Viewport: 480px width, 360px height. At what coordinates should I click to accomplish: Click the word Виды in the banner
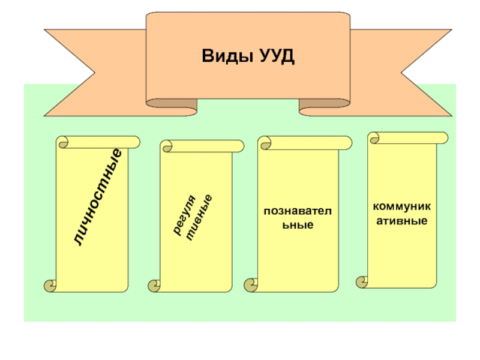pos(223,58)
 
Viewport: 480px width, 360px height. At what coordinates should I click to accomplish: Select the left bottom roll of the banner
pos(174,107)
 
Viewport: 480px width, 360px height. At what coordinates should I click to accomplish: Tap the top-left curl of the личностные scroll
pos(62,142)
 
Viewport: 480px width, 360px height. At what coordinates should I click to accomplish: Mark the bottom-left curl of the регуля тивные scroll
pos(154,286)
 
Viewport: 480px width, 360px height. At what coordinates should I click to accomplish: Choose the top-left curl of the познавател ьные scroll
pos(264,143)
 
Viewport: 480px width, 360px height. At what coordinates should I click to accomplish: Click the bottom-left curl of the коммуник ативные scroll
pos(362,281)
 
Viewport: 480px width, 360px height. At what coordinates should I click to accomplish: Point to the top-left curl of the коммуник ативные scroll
pos(374,139)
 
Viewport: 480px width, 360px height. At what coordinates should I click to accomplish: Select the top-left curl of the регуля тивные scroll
pos(167,146)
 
